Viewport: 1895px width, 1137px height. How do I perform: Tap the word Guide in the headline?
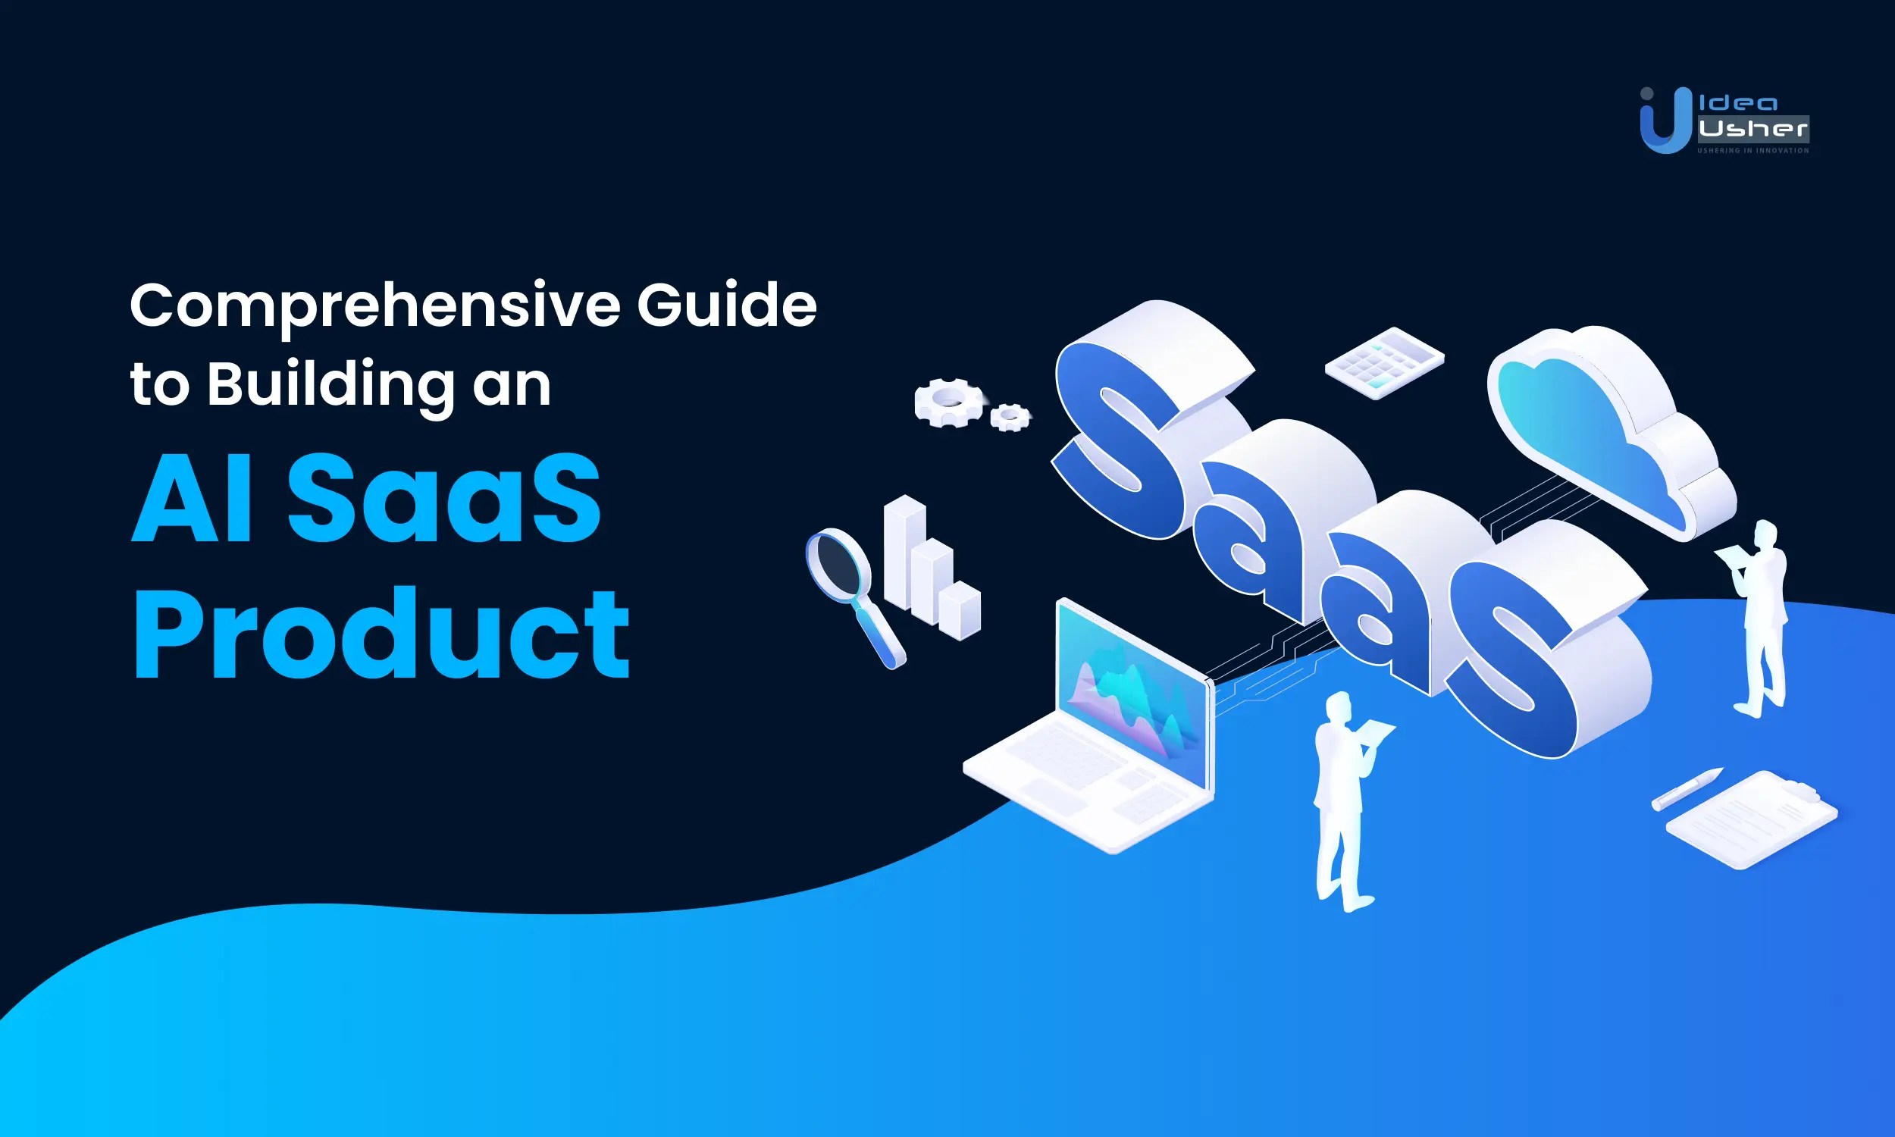pos(726,305)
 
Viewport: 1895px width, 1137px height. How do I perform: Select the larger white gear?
pos(948,402)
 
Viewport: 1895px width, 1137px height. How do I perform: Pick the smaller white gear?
pos(1010,418)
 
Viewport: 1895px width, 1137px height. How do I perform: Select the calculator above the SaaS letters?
pos(1384,362)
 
